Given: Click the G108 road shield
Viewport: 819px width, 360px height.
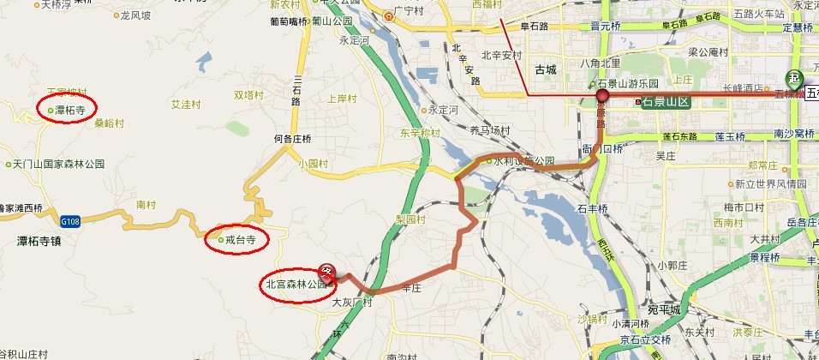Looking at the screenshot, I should point(70,221).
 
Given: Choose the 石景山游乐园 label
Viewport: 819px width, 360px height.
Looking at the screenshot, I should point(627,83).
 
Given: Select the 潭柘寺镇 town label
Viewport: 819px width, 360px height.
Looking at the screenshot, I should point(27,241).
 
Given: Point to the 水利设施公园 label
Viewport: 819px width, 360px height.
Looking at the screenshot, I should point(523,160).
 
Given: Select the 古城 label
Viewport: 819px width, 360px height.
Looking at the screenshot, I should point(545,69).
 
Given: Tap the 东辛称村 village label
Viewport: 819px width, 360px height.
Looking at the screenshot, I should point(419,133).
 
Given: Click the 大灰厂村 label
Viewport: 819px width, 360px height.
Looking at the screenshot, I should point(353,303).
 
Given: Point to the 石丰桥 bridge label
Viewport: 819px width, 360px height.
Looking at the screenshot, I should point(593,207).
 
